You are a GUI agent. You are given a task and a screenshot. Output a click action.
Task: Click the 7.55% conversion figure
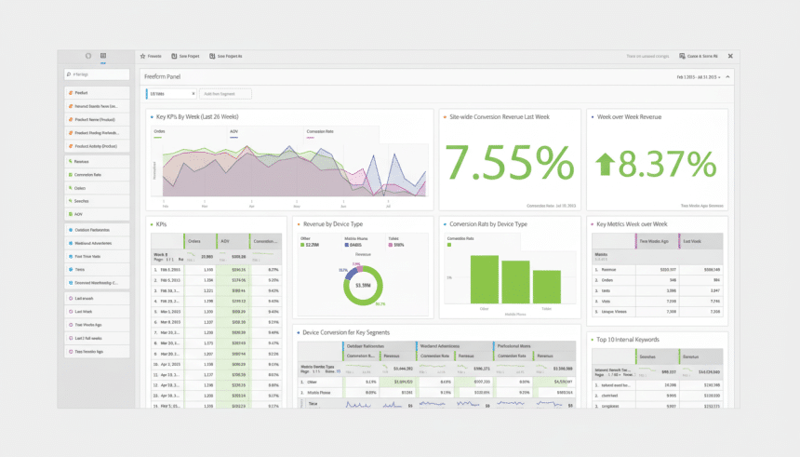point(509,164)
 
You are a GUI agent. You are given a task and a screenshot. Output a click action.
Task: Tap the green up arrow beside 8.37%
point(606,165)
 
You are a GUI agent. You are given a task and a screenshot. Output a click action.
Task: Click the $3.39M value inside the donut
point(363,285)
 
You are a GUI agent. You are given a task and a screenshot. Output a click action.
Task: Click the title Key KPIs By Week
point(197,117)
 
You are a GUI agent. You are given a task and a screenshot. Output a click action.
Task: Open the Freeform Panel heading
point(161,77)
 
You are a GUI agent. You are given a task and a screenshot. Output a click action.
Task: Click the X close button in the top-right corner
point(730,56)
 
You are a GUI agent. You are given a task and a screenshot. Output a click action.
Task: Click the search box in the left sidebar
point(97,74)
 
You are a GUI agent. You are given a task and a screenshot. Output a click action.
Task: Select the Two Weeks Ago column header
point(656,241)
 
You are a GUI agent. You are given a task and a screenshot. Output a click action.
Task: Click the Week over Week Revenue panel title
point(629,117)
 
